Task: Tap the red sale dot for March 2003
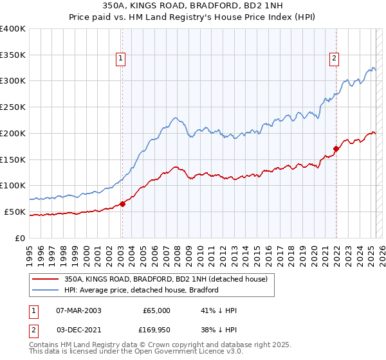tap(122, 204)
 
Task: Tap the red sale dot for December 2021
tap(336, 149)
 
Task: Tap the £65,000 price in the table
tap(156, 310)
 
